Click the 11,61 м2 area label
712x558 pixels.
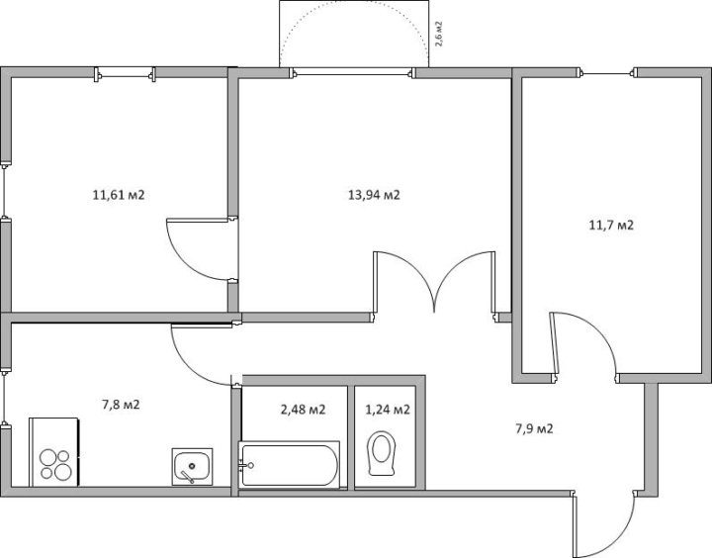coord(119,195)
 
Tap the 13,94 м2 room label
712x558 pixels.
coord(374,195)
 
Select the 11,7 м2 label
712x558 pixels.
coord(611,225)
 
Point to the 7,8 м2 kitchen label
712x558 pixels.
coord(121,405)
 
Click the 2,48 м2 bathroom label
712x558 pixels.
coord(304,410)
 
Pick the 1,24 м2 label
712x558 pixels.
coord(388,410)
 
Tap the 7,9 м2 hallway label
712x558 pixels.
coord(534,428)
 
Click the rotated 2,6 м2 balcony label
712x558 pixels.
coord(439,34)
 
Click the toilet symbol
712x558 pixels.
coord(382,453)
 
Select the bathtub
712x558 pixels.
coord(289,465)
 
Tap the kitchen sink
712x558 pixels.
coord(192,466)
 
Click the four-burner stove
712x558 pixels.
coord(54,452)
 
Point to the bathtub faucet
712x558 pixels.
coord(245,465)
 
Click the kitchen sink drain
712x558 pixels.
coord(192,465)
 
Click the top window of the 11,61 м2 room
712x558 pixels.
coord(125,72)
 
